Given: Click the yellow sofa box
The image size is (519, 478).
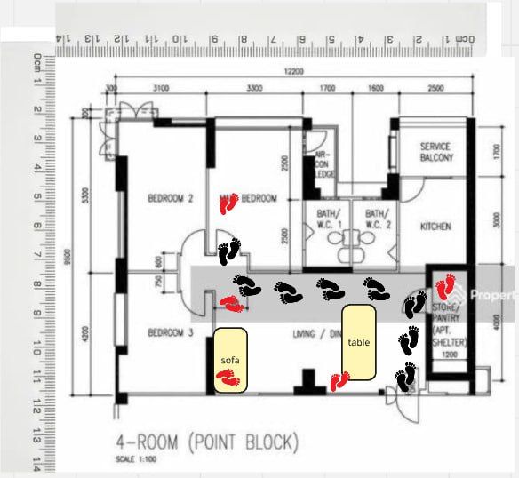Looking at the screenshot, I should click(x=229, y=360).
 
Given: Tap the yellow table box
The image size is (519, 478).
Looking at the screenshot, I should click(x=360, y=342).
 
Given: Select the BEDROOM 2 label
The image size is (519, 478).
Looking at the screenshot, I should click(x=170, y=199).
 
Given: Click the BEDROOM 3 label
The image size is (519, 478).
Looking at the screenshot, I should click(x=170, y=332).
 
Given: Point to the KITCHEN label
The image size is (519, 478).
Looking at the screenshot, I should click(x=435, y=227).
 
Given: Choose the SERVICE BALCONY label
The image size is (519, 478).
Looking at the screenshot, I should click(x=435, y=152).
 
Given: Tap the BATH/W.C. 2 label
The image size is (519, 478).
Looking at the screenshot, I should click(x=377, y=219).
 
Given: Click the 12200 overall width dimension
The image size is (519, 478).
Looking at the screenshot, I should click(x=294, y=72).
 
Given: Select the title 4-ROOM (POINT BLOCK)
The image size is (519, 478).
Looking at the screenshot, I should click(x=208, y=442).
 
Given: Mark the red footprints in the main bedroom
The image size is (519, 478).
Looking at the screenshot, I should click(x=230, y=205).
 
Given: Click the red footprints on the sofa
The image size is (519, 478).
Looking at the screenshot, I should click(x=228, y=379).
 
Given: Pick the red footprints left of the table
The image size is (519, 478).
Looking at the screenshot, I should click(x=339, y=381).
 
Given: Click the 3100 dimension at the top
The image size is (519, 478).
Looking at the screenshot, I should click(x=161, y=89).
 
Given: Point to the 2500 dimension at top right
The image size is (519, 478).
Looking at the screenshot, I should click(x=435, y=89).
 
